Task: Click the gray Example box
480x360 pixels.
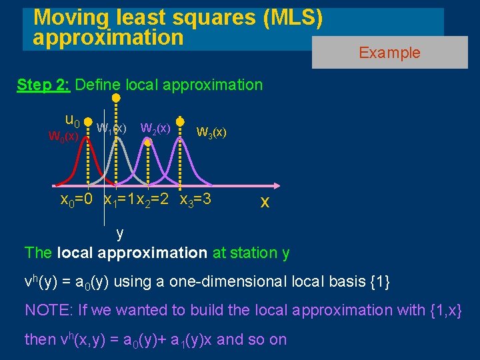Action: point(389,53)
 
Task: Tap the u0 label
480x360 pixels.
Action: point(72,121)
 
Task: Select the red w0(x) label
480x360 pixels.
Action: point(63,136)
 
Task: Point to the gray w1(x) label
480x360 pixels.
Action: point(111,127)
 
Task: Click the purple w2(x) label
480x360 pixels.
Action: point(155,127)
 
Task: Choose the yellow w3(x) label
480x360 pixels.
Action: point(211,132)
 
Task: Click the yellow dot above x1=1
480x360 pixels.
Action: point(116,98)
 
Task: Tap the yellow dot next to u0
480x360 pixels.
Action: point(88,123)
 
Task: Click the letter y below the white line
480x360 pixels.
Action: point(119,233)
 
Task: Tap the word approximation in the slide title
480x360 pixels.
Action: point(108,37)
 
